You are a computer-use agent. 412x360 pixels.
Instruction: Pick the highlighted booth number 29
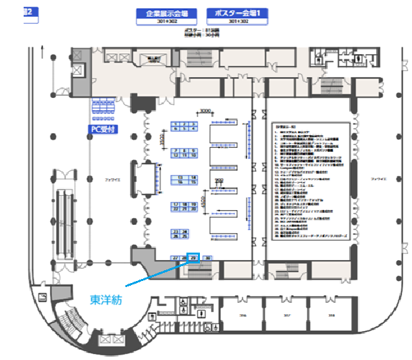194,257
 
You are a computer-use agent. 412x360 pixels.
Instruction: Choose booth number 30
209,257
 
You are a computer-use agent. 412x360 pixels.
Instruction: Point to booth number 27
176,257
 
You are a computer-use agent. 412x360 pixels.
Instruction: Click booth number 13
180,177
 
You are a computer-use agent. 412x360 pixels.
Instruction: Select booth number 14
192,177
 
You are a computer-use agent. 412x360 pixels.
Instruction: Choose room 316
242,315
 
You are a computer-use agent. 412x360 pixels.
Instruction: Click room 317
287,315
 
